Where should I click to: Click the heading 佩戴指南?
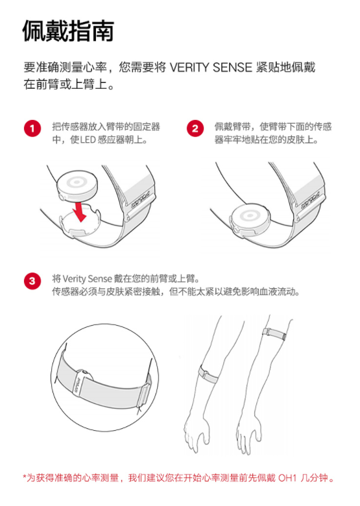click(x=68, y=30)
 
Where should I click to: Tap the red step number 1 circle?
click(x=32, y=128)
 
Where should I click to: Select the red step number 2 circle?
click(x=195, y=128)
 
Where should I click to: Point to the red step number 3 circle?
click(x=32, y=281)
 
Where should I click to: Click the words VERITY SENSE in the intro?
click(x=211, y=67)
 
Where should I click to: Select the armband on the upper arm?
click(x=274, y=334)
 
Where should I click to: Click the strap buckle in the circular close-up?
click(x=143, y=394)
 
